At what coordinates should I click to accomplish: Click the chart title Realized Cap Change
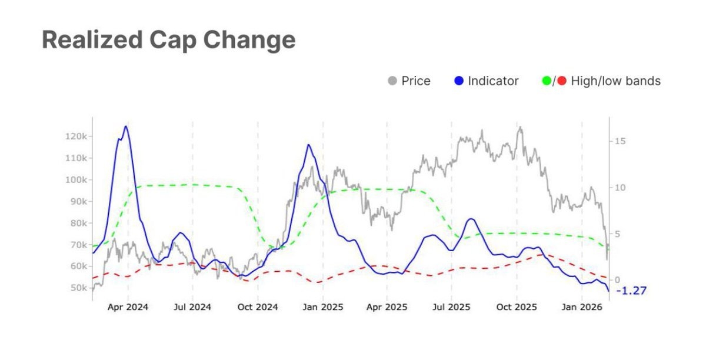coord(168,40)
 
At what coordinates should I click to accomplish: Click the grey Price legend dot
coord(392,81)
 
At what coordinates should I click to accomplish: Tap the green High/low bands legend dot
coord(546,81)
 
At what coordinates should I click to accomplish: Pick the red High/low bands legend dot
coord(562,81)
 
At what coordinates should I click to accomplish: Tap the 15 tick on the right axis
coord(621,141)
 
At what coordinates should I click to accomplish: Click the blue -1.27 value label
coord(631,291)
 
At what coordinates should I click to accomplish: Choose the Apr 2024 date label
coord(128,308)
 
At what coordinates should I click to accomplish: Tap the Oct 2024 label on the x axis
coord(257,308)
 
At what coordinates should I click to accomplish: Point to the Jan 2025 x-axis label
coord(322,308)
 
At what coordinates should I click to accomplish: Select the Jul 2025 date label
coord(451,308)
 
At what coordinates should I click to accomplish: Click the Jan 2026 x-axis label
coord(581,308)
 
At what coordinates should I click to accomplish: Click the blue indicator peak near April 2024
coord(125,126)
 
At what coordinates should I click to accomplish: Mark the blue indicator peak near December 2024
coord(308,145)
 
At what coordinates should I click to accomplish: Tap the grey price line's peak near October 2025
coord(519,127)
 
